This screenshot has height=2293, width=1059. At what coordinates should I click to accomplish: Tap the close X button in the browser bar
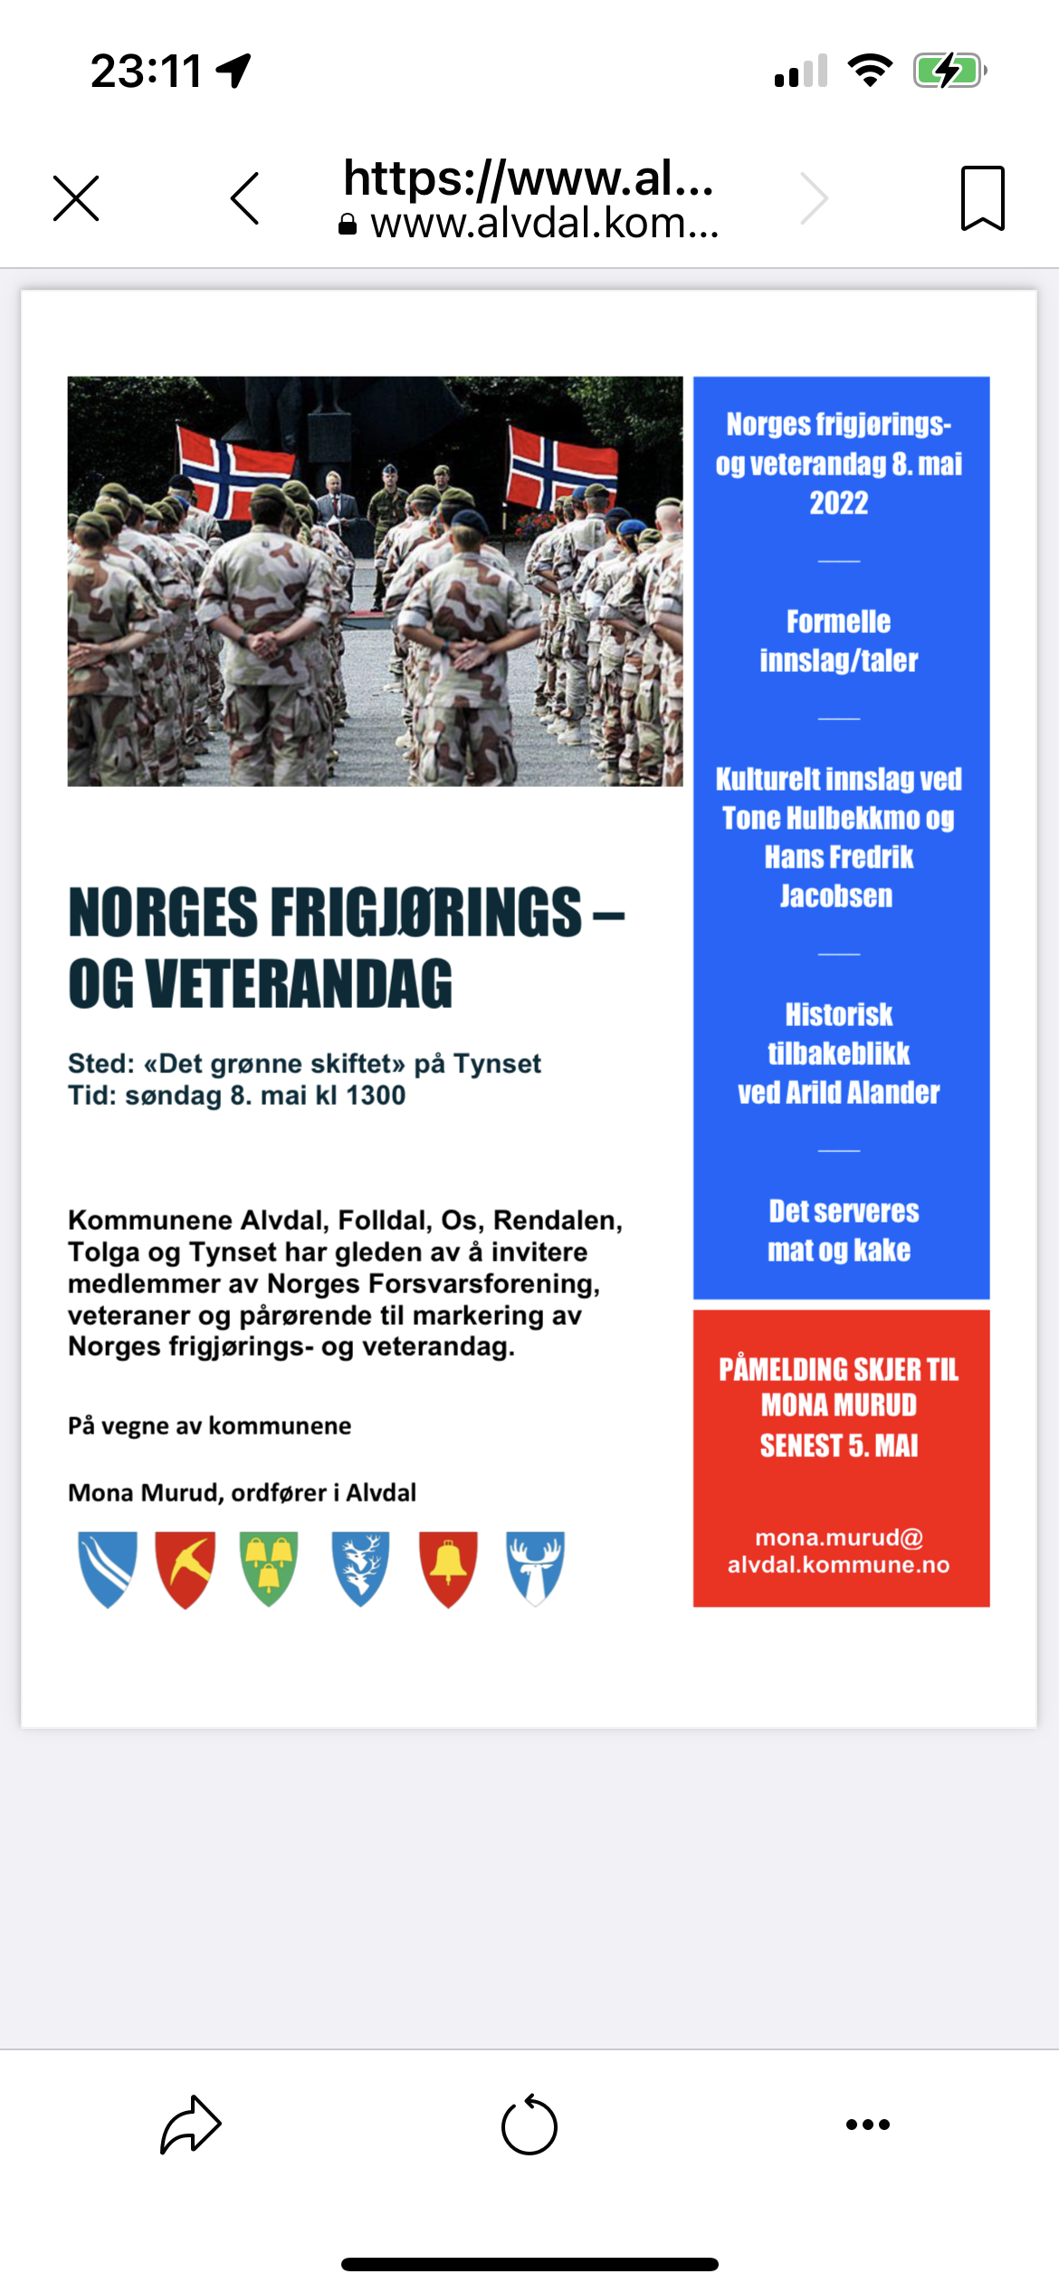pos(76,198)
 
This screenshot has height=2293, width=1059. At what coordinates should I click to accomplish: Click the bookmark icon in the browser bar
pos(982,198)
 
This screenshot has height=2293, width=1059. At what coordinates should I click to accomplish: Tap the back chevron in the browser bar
pos(245,198)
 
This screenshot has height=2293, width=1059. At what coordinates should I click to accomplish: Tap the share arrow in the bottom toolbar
pos(191,2125)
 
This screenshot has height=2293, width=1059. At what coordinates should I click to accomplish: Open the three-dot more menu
pos(867,2125)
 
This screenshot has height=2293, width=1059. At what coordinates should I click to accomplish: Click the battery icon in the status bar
pos(949,71)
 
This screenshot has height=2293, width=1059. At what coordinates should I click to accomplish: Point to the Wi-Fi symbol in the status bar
pos(870,71)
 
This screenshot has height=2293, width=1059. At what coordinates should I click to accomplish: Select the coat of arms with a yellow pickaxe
pos(186,1569)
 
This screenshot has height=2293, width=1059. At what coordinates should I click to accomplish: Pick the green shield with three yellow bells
pos(269,1569)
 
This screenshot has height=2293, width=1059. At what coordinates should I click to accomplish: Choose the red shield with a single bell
pos(448,1569)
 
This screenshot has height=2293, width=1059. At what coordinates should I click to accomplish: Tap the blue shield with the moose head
pos(535,1569)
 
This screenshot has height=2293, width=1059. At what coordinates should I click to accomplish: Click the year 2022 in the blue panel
pos(839,503)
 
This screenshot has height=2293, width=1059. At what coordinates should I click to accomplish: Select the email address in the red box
pos(839,1551)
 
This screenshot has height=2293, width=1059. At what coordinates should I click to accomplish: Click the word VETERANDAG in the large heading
pos(298,984)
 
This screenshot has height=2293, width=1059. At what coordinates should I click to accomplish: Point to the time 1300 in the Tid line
pos(376,1096)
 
